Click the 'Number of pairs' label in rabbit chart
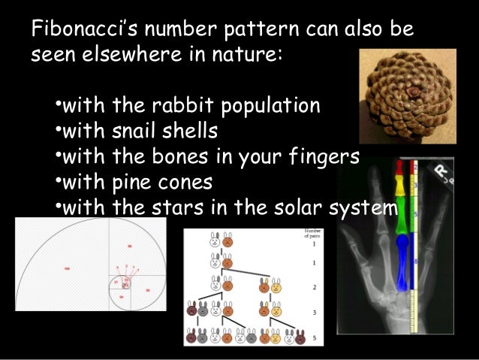312,233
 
